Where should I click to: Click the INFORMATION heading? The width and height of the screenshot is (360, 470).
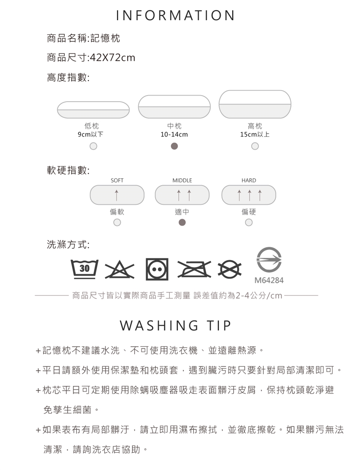[x=175, y=15]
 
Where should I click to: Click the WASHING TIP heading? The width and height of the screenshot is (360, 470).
[x=175, y=325]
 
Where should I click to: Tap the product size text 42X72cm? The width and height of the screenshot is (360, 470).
[x=112, y=57]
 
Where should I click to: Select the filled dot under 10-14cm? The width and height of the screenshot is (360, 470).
[x=174, y=146]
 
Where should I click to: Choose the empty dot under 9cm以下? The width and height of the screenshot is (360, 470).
[x=93, y=146]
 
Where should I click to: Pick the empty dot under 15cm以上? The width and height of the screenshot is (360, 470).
[x=255, y=146]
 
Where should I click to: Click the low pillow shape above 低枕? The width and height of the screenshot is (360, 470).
[x=93, y=110]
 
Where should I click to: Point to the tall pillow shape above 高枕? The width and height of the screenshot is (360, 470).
[x=255, y=104]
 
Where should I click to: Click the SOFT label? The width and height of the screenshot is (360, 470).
[x=117, y=181]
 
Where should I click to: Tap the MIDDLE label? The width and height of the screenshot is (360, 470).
[x=182, y=181]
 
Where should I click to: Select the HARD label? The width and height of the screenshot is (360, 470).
[x=249, y=181]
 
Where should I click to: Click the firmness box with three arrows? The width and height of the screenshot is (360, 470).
[x=249, y=195]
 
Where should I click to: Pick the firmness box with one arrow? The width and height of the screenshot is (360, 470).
[x=117, y=195]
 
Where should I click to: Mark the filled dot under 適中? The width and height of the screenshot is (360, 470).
[x=182, y=222]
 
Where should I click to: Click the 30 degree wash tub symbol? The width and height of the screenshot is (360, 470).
[x=84, y=269]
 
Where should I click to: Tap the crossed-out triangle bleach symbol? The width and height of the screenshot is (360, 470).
[x=119, y=270]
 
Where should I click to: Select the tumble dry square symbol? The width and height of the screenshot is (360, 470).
[x=157, y=269]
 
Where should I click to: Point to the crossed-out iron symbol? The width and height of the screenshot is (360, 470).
[x=194, y=269]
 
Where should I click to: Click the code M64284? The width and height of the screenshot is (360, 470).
[x=269, y=280]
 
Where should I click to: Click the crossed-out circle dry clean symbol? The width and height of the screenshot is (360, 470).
[x=229, y=270]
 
